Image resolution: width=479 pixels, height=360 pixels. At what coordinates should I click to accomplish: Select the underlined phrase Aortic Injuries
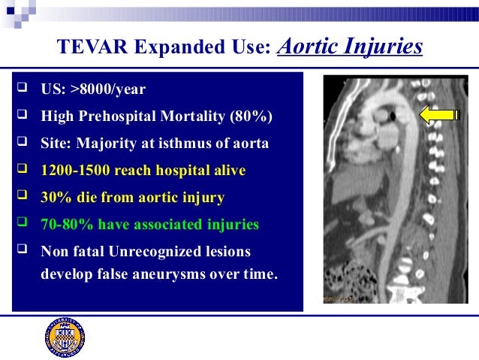tap(350, 47)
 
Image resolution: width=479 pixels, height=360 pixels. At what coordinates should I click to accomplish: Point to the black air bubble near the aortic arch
tap(394, 115)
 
